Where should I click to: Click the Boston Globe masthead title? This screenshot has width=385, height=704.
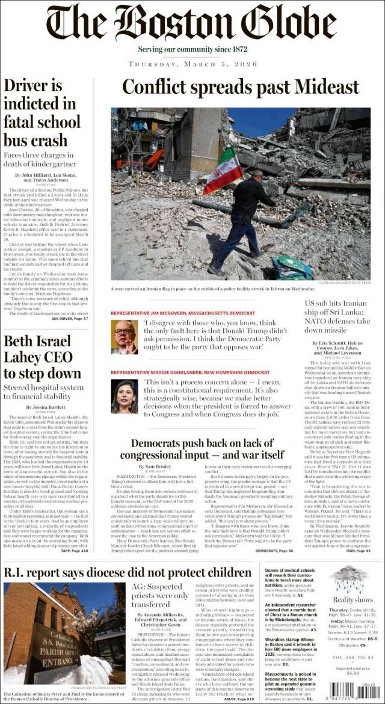pyautogui.click(x=191, y=23)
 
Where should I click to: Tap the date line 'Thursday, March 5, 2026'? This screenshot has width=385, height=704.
pyautogui.click(x=192, y=64)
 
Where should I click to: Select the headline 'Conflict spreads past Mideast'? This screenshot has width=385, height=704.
pyautogui.click(x=240, y=88)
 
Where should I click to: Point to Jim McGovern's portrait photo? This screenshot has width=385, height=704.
pyautogui.click(x=124, y=337)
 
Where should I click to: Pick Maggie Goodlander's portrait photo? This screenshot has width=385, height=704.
pyautogui.click(x=124, y=396)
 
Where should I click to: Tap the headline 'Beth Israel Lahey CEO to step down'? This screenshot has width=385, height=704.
pyautogui.click(x=42, y=358)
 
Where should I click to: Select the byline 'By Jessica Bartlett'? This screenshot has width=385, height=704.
pyautogui.click(x=45, y=407)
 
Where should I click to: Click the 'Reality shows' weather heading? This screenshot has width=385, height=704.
pyautogui.click(x=353, y=599)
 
